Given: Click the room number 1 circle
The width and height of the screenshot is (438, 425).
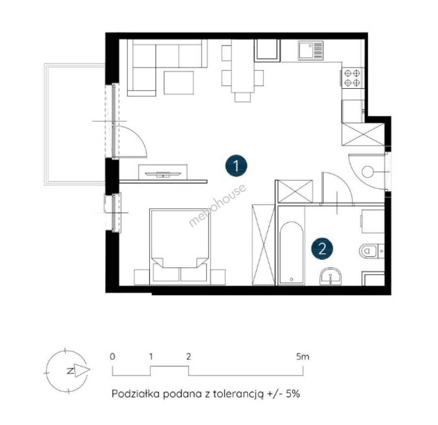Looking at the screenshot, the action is pyautogui.click(x=237, y=166).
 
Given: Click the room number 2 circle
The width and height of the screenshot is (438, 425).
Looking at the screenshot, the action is pyautogui.click(x=322, y=248).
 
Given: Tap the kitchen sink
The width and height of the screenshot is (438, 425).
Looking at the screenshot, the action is pyautogui.click(x=310, y=50).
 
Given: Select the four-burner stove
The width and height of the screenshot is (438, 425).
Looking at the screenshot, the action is pyautogui.click(x=352, y=78).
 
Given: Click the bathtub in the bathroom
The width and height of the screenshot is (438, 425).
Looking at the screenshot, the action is pyautogui.click(x=291, y=253).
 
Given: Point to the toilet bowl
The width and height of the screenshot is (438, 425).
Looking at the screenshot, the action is pyautogui.click(x=368, y=251).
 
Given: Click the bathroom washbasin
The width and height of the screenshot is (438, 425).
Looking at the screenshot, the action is pyautogui.click(x=331, y=276).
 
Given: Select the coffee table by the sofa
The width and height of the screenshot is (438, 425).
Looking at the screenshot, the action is pyautogui.click(x=179, y=83).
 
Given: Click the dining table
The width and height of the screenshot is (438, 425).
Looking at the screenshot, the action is pyautogui.click(x=243, y=66).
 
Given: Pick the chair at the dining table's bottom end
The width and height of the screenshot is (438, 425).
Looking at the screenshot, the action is pyautogui.click(x=243, y=98).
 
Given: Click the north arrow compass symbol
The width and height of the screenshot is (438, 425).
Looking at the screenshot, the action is pyautogui.click(x=67, y=371).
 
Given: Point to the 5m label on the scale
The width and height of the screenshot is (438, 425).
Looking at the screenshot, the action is pyautogui.click(x=303, y=357).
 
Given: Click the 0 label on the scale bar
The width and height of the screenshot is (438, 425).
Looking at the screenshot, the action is pyautogui.click(x=112, y=357).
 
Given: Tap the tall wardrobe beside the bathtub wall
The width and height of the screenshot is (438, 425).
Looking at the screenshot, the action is pyautogui.click(x=263, y=245).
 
